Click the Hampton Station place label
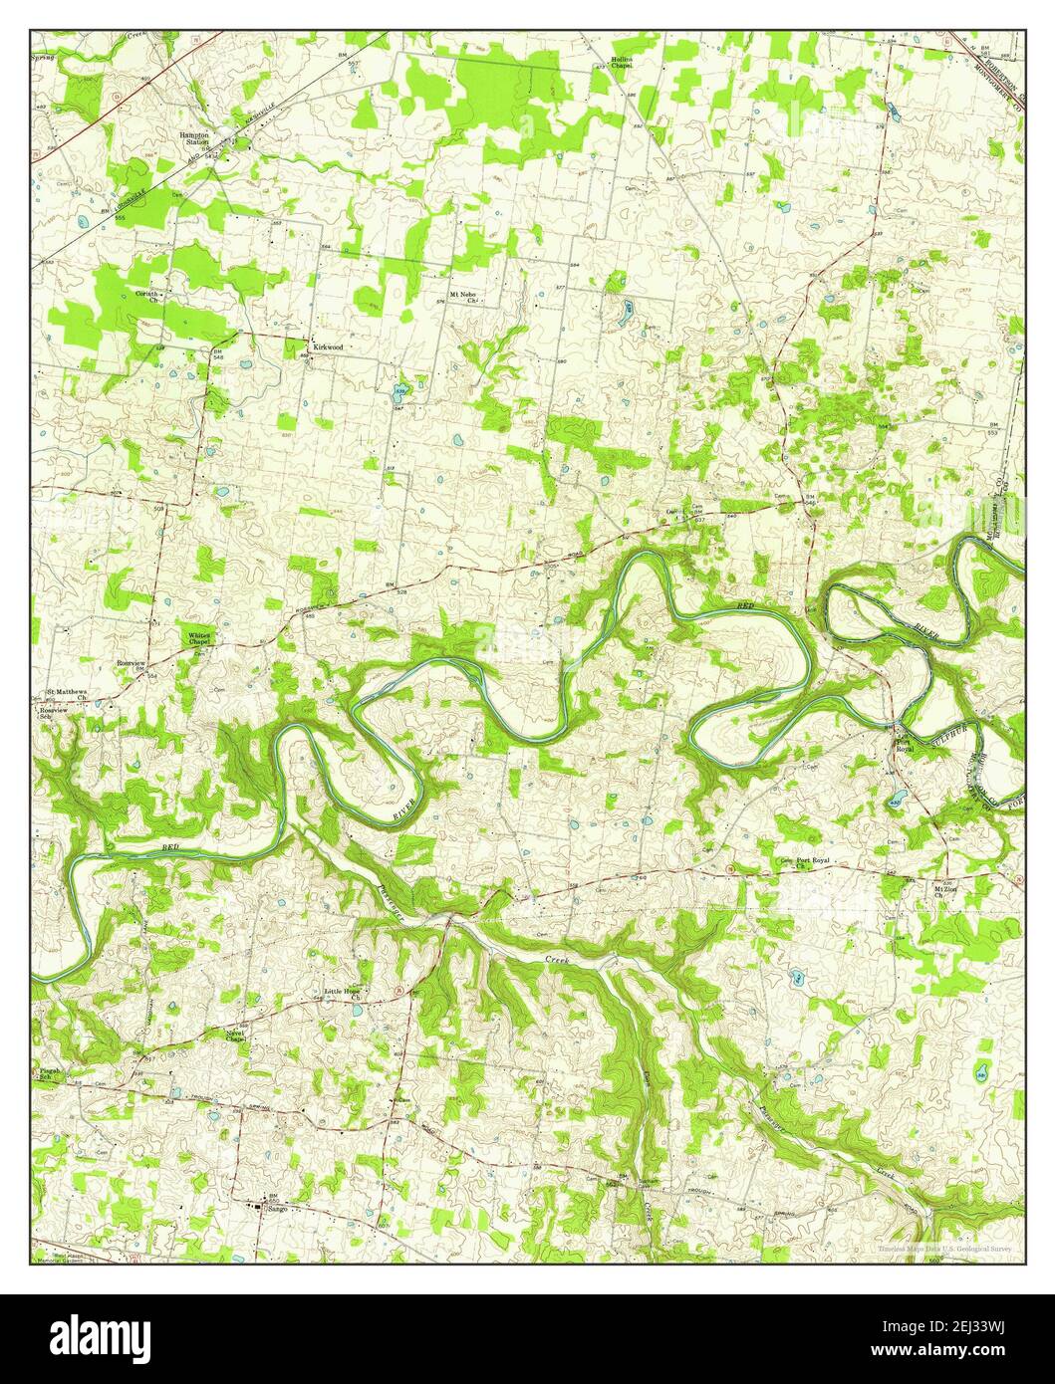pos(193,137)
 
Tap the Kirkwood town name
pos(328,346)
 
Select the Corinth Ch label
pos(148,297)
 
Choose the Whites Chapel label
pos(199,638)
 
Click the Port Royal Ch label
pos(812,862)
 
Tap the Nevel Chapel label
pos(235,1037)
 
